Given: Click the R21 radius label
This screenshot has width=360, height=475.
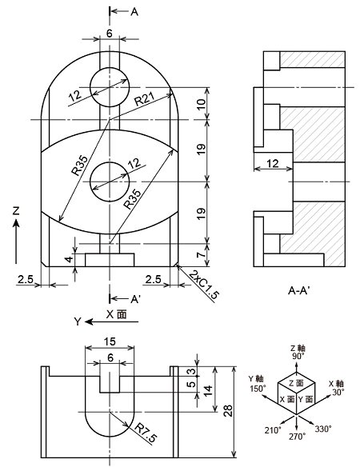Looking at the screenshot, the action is (x=145, y=98).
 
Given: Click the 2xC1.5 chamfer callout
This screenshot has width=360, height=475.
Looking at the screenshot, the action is (x=204, y=285).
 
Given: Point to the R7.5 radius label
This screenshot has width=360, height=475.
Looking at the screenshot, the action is (x=146, y=433).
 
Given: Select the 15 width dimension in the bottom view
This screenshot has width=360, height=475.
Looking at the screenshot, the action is (x=110, y=341).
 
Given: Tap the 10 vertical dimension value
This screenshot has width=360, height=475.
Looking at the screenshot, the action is (x=202, y=104).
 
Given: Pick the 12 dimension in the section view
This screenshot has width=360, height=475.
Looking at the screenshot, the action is (x=273, y=164).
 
